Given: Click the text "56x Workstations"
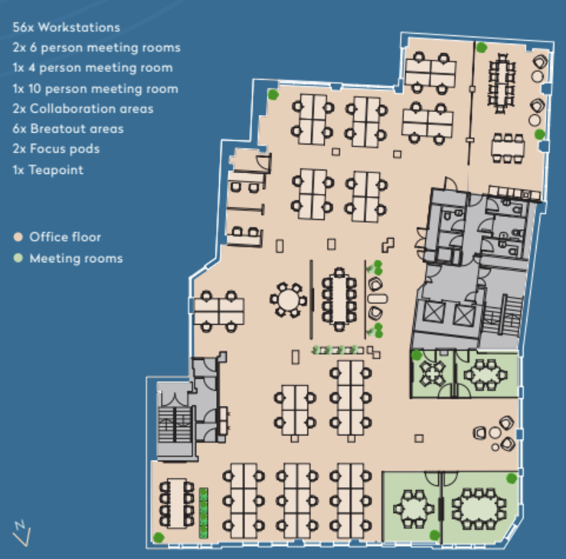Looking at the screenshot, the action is [66, 27].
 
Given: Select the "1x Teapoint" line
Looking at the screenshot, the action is [48, 170].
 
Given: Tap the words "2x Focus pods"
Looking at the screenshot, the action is [56, 149].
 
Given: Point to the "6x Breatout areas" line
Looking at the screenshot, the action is [68, 129].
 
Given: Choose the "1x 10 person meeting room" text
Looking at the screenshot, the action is [96, 88].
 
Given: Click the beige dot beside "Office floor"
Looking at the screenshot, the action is [18, 237].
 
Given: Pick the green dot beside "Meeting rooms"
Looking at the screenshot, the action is [18, 258].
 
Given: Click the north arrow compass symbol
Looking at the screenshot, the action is [22, 533].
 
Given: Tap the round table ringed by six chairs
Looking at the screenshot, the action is [288, 300].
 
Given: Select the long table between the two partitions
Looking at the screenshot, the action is [339, 299].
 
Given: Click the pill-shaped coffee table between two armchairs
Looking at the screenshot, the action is [377, 299].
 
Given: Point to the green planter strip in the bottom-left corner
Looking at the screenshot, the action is [203, 513].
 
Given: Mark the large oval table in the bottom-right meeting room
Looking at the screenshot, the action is [479, 509].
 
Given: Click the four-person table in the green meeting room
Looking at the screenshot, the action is [432, 374].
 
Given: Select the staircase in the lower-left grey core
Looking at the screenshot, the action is [175, 425].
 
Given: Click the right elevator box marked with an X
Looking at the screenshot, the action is [463, 315].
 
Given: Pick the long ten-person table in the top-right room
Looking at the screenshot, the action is [502, 83].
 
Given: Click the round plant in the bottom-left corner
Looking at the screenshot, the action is [159, 537].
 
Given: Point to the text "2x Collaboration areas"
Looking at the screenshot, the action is [83, 108].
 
